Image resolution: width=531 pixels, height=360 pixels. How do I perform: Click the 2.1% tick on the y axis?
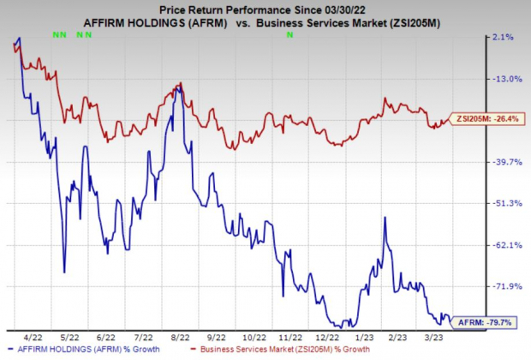504,37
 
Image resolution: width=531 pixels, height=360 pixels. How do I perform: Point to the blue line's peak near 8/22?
177,86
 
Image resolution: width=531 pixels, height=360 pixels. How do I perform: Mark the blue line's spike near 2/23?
385,218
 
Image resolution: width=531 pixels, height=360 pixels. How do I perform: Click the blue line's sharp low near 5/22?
65,273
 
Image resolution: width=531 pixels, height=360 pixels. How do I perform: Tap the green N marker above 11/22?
289,35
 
